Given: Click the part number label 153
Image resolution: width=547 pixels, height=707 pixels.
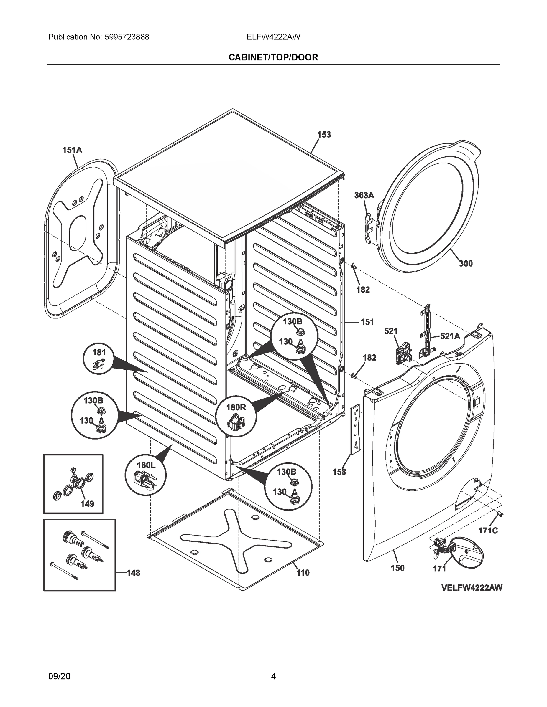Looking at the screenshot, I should pyautogui.click(x=324, y=135).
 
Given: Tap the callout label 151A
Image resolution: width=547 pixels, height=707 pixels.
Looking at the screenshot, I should pyautogui.click(x=72, y=150).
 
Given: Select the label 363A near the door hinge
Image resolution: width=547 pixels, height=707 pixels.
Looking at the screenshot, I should pyautogui.click(x=364, y=195).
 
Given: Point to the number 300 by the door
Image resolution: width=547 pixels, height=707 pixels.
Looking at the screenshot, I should pyautogui.click(x=466, y=264).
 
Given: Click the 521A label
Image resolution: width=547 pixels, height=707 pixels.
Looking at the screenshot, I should pyautogui.click(x=450, y=336).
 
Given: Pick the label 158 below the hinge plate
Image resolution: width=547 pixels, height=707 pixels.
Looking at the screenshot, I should pyautogui.click(x=339, y=472).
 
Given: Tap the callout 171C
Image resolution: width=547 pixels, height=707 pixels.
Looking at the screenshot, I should pyautogui.click(x=488, y=531).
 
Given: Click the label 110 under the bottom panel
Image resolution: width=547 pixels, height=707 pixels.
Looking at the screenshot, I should pyautogui.click(x=303, y=573).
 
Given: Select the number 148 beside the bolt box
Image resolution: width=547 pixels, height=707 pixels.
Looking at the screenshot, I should pyautogui.click(x=133, y=573).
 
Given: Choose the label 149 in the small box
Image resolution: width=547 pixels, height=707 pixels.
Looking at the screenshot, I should pyautogui.click(x=87, y=504).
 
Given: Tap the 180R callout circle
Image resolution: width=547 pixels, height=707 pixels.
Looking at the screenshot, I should pyautogui.click(x=236, y=416).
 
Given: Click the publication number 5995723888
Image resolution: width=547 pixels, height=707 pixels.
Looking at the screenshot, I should pyautogui.click(x=127, y=37).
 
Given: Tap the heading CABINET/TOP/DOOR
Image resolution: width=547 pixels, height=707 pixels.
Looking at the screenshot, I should pyautogui.click(x=273, y=57).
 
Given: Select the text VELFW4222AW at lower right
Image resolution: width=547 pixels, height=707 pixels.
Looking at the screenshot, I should pyautogui.click(x=472, y=588).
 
